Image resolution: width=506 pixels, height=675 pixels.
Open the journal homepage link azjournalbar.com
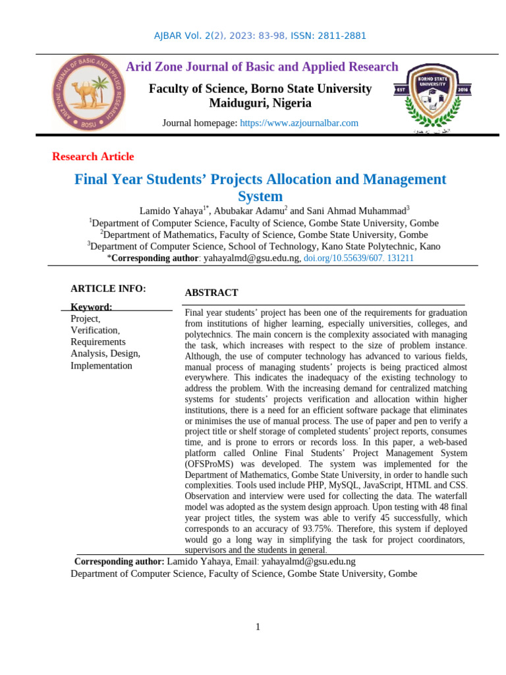pyautogui.click(x=299, y=123)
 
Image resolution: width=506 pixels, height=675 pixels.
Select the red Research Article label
pyautogui.click(x=93, y=157)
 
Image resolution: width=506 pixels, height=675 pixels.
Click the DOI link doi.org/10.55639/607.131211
pyautogui.click(x=358, y=258)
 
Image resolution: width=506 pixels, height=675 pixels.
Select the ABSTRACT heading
pyautogui.click(x=211, y=293)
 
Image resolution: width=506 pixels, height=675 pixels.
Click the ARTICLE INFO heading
pyautogui.click(x=108, y=289)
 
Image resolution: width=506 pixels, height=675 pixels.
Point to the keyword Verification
pyautogui.click(x=95, y=330)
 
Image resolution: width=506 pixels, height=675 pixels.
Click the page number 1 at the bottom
pyautogui.click(x=258, y=627)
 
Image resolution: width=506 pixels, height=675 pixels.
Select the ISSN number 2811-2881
pyautogui.click(x=342, y=36)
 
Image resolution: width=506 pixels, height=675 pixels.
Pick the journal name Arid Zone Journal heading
pyautogui.click(x=262, y=67)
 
